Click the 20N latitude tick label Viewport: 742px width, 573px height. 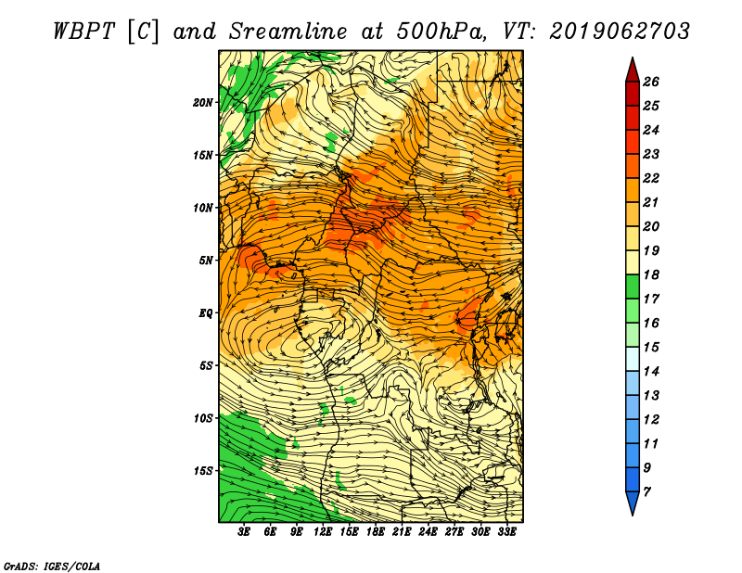tap(203, 103)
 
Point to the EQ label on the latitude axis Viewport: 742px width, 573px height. tap(205, 313)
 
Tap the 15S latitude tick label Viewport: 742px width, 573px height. tap(203, 471)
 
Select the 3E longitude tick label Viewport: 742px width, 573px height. tap(244, 531)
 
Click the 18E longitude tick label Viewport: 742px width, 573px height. tap(376, 531)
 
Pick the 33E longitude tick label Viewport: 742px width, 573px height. tap(506, 531)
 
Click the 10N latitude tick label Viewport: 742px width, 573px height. tap(203, 209)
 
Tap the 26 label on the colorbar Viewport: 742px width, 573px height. tap(651, 82)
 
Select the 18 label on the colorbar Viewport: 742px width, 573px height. tap(651, 274)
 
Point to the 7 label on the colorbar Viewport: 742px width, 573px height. tap(646, 492)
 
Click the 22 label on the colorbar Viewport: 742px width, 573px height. tap(651, 178)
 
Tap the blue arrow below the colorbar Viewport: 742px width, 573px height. tap(633, 503)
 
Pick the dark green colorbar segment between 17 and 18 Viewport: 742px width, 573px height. tap(633, 286)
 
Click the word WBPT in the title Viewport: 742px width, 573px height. tap(83, 32)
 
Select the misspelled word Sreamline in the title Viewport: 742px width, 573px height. tap(288, 32)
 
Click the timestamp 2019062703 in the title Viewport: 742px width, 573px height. tap(620, 32)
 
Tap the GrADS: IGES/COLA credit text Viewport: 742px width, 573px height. tap(52, 567)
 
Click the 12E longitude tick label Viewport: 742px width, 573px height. tap(323, 531)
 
